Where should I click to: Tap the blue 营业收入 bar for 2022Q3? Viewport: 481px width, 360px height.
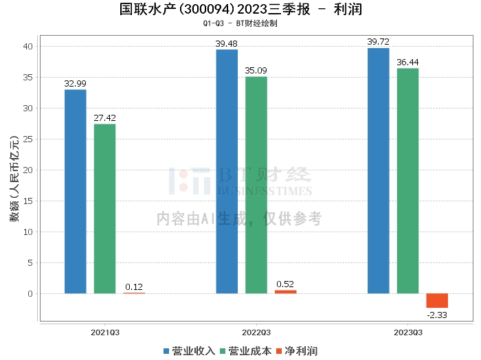click(x=227, y=171)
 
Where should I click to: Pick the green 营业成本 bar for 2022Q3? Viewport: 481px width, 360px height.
click(x=256, y=185)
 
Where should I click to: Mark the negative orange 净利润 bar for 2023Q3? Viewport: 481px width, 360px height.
click(x=437, y=301)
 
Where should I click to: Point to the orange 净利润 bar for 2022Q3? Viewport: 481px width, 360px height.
click(x=286, y=292)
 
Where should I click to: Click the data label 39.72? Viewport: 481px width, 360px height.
click(x=378, y=42)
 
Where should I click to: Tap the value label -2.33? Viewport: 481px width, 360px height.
click(x=437, y=315)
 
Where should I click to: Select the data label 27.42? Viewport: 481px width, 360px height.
click(x=105, y=118)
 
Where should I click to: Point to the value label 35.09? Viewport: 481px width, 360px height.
click(x=256, y=71)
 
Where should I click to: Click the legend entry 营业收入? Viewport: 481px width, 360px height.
click(x=190, y=351)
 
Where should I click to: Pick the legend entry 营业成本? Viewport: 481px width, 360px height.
click(x=245, y=351)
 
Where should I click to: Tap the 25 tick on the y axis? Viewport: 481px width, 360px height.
click(x=28, y=139)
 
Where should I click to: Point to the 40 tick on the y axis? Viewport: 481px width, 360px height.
click(x=28, y=47)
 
